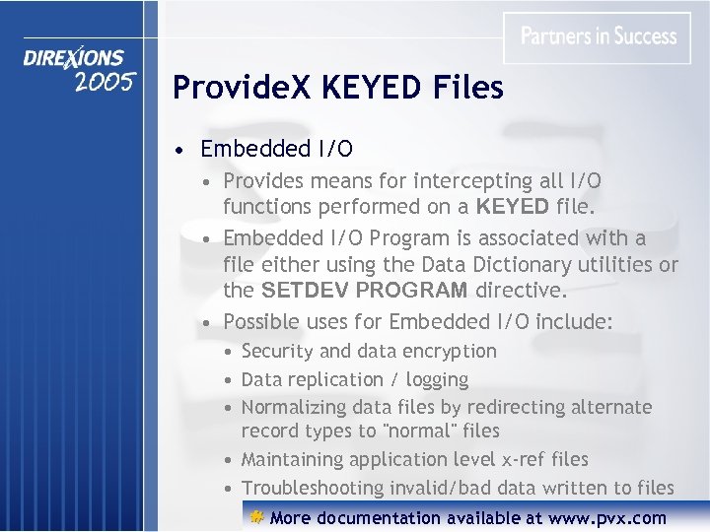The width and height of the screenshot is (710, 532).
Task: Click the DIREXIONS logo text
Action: tap(74, 59)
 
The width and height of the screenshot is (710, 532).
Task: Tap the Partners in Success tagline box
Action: tap(599, 37)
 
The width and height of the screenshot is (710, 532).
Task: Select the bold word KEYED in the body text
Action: tap(513, 207)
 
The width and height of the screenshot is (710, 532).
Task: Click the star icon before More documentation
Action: tap(255, 517)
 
